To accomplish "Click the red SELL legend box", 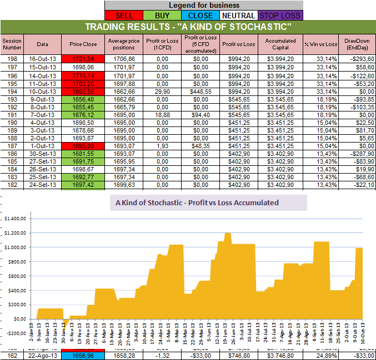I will pyautogui.click(x=124, y=16).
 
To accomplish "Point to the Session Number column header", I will pyautogui.click(x=11, y=43).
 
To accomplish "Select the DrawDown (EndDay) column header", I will pyautogui.click(x=357, y=43).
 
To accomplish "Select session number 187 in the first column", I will pyautogui.click(x=11, y=146).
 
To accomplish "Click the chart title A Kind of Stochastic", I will pyautogui.click(x=197, y=203).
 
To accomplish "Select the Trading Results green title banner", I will pyautogui.click(x=188, y=27).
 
